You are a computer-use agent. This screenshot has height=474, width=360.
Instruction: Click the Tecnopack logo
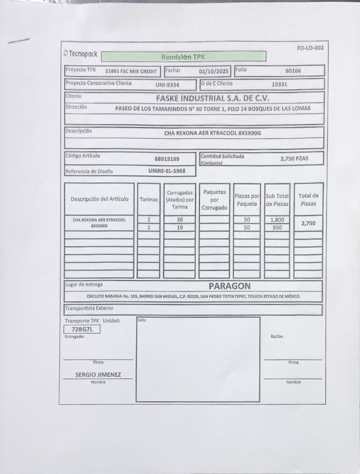(x=80, y=54)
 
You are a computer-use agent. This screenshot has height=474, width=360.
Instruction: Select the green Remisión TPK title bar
(x=184, y=57)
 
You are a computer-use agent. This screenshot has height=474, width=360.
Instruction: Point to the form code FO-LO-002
(x=310, y=48)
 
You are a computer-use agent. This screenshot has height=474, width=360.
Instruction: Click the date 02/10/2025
(x=214, y=71)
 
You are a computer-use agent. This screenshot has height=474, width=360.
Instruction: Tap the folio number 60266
(x=293, y=70)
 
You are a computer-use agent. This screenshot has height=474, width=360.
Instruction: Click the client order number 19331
(x=279, y=84)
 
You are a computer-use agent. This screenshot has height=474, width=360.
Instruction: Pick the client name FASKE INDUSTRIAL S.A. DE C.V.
(x=212, y=98)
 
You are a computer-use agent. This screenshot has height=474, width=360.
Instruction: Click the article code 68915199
(x=167, y=159)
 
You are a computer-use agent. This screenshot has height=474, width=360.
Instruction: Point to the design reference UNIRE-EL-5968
(x=167, y=171)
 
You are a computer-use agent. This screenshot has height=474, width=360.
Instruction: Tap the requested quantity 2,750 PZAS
(x=294, y=158)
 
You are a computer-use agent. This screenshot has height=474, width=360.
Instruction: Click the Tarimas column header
(x=148, y=199)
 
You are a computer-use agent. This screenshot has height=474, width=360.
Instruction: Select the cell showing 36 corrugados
(x=180, y=219)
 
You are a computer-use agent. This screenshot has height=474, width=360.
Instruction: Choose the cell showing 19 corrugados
(x=180, y=227)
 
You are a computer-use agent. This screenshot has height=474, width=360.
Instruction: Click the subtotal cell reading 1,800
(x=277, y=219)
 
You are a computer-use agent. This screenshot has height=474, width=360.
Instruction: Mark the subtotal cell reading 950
(x=277, y=228)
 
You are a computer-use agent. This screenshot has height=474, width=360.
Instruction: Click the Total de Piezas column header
(x=308, y=199)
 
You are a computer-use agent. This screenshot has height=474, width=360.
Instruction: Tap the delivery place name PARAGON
(x=229, y=286)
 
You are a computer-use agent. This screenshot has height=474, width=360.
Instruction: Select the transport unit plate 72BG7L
(x=82, y=329)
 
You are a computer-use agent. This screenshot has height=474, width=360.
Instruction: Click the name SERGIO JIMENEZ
(x=98, y=375)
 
